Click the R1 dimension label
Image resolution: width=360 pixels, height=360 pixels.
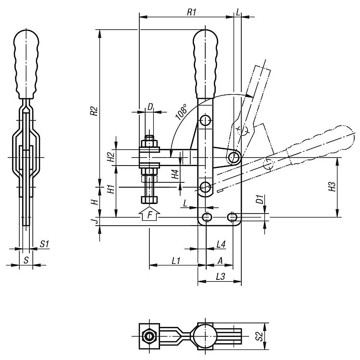[x=191, y=12]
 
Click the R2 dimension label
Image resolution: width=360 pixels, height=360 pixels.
[x=94, y=111]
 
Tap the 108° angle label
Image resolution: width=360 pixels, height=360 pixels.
[x=181, y=112]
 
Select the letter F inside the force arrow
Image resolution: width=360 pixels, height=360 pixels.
[x=149, y=215]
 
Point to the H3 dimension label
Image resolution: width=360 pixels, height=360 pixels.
[x=332, y=187]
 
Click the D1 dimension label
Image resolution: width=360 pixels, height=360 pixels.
[x=260, y=199]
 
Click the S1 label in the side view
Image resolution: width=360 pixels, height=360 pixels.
[x=44, y=244]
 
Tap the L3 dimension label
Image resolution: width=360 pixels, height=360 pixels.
[x=221, y=276]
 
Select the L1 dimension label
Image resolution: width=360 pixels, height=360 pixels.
[x=176, y=261]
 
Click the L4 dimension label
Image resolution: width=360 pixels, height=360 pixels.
[x=221, y=244]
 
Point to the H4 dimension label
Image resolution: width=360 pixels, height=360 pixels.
[x=175, y=174]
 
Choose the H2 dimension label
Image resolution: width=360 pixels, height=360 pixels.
[x=111, y=157]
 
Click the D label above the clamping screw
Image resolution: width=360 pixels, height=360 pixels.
[x=150, y=107]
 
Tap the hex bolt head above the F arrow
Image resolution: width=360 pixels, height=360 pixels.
[x=149, y=200]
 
